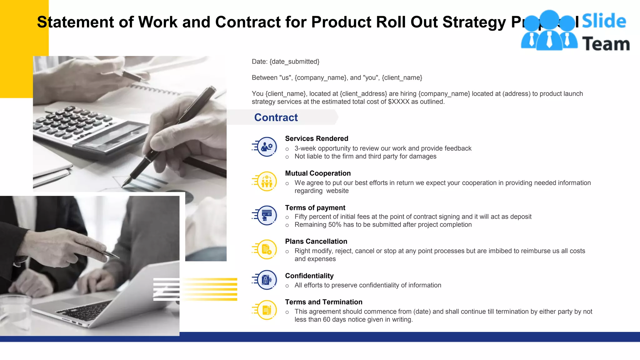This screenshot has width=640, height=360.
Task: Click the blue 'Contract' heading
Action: [276, 117]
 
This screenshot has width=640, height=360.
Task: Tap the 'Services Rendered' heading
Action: [317, 138]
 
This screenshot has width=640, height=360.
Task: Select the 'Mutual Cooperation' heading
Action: [318, 173]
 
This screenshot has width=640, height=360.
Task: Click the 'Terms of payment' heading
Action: [315, 208]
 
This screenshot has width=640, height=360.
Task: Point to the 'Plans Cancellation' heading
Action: [316, 241]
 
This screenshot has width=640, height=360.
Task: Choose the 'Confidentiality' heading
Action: [309, 276]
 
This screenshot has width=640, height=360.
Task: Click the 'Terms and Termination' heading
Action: [323, 302]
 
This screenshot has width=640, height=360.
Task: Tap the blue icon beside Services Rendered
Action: [267, 147]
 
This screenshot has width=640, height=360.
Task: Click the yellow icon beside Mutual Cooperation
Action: [267, 181]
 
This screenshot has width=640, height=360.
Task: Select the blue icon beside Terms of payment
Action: [267, 215]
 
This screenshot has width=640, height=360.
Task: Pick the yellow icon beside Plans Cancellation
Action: [267, 249]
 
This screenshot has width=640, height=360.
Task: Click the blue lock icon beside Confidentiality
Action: [267, 280]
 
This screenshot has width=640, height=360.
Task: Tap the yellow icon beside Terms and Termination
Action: [267, 310]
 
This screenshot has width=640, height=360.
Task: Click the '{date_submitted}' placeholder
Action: [294, 62]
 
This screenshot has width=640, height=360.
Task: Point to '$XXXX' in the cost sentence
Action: [398, 102]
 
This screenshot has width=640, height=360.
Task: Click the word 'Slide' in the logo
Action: [604, 21]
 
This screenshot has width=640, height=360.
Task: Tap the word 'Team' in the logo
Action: [606, 44]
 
